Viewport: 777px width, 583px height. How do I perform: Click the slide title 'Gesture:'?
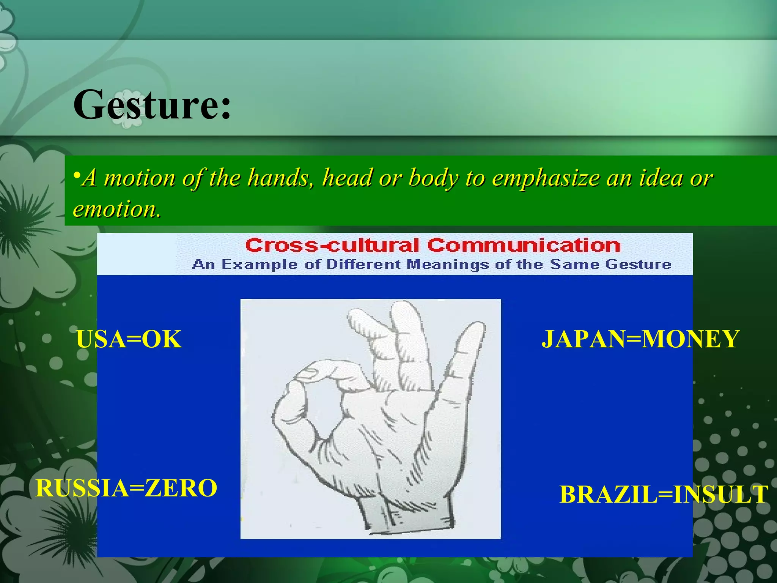point(152,104)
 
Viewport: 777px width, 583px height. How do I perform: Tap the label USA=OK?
point(129,339)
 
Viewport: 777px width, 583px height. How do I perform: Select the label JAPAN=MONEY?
point(640,339)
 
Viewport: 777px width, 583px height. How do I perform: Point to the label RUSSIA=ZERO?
point(126,488)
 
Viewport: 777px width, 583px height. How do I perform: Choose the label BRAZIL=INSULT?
point(664,495)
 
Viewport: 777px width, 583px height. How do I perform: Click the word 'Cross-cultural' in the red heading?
point(332,246)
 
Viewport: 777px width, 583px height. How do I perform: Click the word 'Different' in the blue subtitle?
point(363,264)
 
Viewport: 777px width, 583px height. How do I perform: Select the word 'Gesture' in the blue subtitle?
point(638,264)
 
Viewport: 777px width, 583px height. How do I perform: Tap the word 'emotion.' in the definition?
point(117,209)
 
